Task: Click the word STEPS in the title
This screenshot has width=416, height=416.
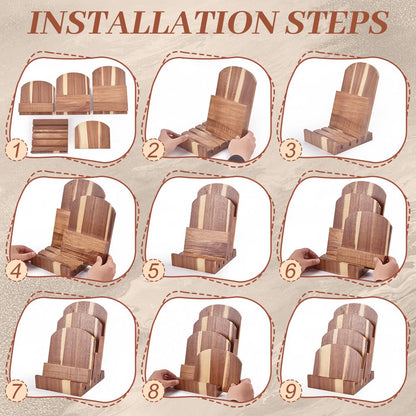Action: [336, 22]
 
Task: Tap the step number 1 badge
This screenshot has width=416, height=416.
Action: [17, 150]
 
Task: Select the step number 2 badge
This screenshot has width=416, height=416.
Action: [154, 150]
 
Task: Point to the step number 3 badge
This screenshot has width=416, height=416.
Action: [291, 150]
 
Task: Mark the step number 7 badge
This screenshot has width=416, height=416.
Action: [17, 391]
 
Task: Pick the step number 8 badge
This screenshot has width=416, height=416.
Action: [154, 391]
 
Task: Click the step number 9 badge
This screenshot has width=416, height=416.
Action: [291, 391]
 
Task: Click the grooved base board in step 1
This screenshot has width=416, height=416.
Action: [50, 136]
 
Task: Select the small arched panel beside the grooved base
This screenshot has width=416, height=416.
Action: [92, 135]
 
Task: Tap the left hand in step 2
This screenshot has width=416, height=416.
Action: [170, 137]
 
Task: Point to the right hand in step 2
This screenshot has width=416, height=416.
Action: [242, 146]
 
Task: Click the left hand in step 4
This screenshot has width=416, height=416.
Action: [23, 254]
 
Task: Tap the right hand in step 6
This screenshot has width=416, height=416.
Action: [385, 268]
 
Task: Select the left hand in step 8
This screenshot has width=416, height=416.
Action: [163, 379]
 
